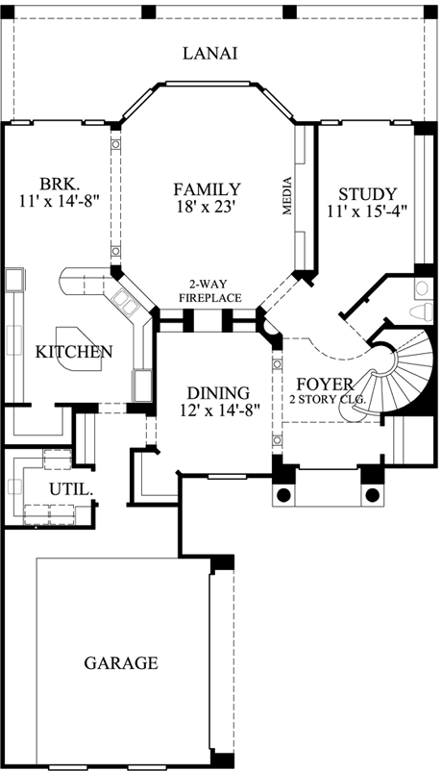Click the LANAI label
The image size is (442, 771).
click(x=210, y=53)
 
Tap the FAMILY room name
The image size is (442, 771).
click(x=207, y=188)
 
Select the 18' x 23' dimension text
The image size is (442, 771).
click(x=207, y=207)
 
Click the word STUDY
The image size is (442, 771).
click(x=361, y=193)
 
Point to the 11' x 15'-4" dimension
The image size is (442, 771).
click(x=361, y=211)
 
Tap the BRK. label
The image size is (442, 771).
click(x=59, y=184)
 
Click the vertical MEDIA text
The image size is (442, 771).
click(x=287, y=197)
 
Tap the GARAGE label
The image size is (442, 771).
click(x=120, y=662)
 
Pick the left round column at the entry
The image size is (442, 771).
click(x=284, y=495)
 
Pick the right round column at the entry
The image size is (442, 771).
click(x=371, y=495)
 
